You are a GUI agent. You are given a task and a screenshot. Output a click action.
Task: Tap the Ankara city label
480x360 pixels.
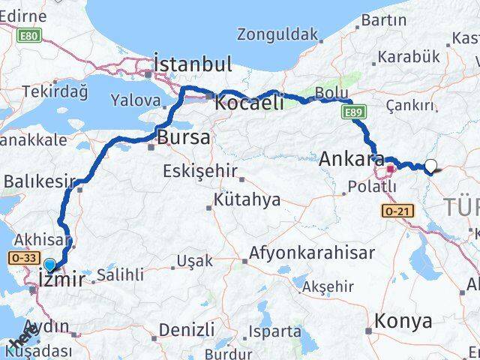350,159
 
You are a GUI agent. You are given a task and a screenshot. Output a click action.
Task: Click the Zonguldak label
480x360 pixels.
277,34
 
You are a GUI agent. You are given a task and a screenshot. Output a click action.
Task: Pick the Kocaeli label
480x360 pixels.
248,103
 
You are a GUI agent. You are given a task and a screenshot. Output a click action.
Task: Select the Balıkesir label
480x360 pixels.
40,181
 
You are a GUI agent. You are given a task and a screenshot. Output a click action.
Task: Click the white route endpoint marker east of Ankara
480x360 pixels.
431,166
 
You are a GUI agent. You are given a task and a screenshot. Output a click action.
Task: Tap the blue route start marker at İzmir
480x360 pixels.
49,265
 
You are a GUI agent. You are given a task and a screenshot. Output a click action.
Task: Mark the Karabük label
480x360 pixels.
408,56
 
